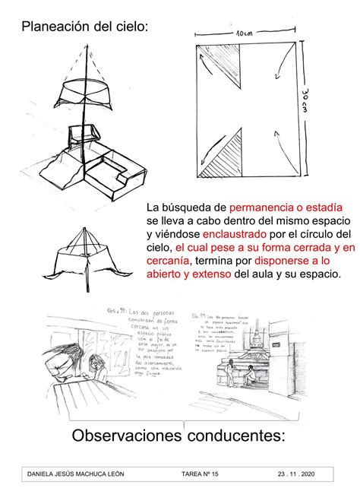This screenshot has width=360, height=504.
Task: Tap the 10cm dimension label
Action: (x=244, y=34)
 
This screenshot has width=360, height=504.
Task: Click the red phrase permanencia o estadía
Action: (x=286, y=207)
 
